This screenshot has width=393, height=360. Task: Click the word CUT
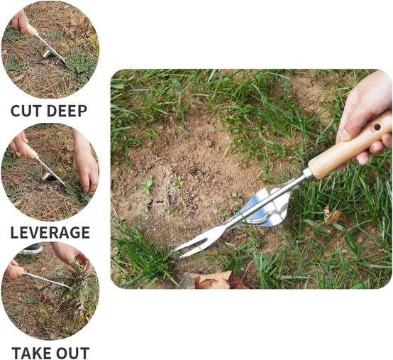(26, 111)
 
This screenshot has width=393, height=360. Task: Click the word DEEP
(67, 111)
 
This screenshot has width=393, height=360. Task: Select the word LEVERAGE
(50, 232)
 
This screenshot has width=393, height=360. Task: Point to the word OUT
(72, 353)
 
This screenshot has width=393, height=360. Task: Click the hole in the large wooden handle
(377, 127)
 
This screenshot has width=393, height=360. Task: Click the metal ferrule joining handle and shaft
(308, 173)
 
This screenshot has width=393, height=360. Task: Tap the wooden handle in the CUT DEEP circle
(31, 29)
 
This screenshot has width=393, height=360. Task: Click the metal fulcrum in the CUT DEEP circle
(48, 53)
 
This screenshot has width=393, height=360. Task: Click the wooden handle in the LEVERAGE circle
(29, 151)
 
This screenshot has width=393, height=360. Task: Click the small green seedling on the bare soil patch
(147, 185)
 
